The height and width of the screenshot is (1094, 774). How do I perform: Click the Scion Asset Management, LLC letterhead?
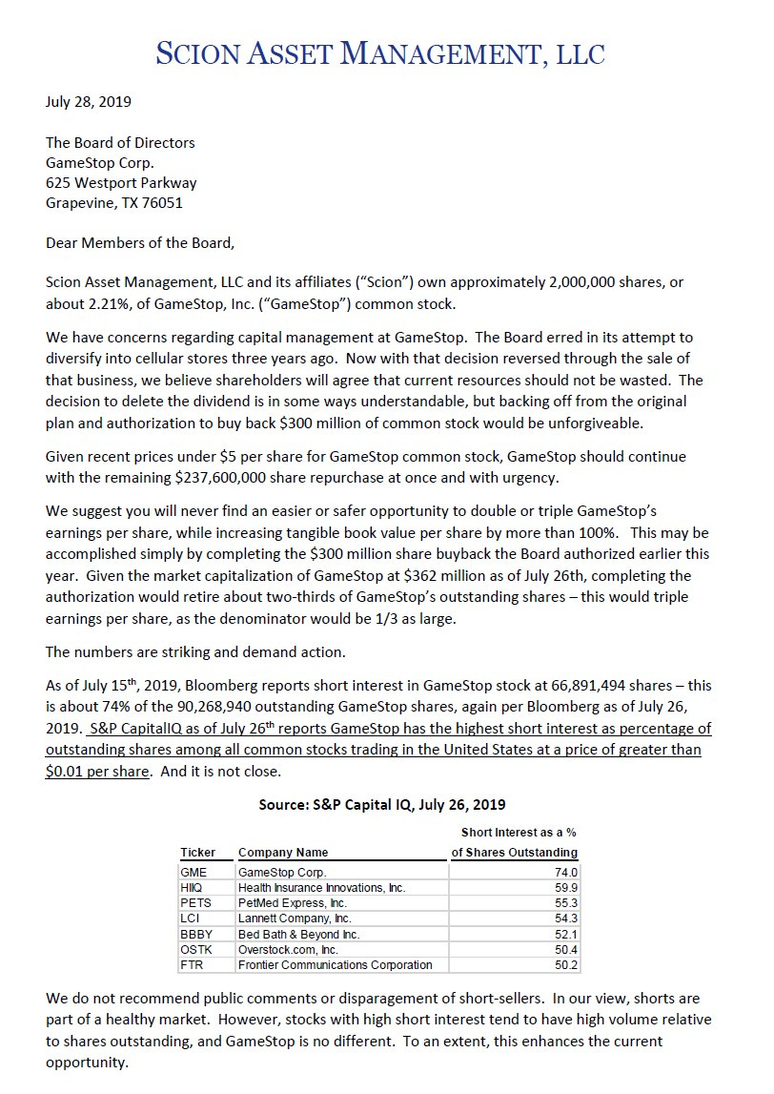[379, 53]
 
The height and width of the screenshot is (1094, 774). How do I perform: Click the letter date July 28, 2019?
[89, 101]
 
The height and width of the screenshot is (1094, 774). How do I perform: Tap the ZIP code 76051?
[162, 202]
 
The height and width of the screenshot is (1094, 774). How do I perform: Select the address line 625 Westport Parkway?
[121, 182]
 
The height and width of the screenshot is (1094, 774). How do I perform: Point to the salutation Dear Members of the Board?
[139, 242]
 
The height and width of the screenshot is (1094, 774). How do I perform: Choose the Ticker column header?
[197, 852]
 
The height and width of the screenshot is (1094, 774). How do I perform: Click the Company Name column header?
[283, 852]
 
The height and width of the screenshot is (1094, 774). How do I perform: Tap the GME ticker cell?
[193, 872]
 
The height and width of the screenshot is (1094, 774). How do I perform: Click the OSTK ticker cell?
[195, 949]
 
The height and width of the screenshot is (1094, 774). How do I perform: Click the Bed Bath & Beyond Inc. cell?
[298, 934]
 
